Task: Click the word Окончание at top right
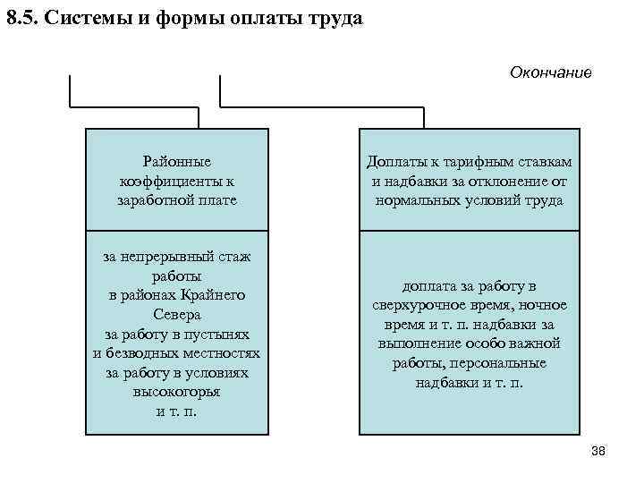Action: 550,72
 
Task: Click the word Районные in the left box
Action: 176,162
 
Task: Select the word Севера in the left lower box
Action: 176,314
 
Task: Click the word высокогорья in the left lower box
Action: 176,391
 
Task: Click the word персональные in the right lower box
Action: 499,362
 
